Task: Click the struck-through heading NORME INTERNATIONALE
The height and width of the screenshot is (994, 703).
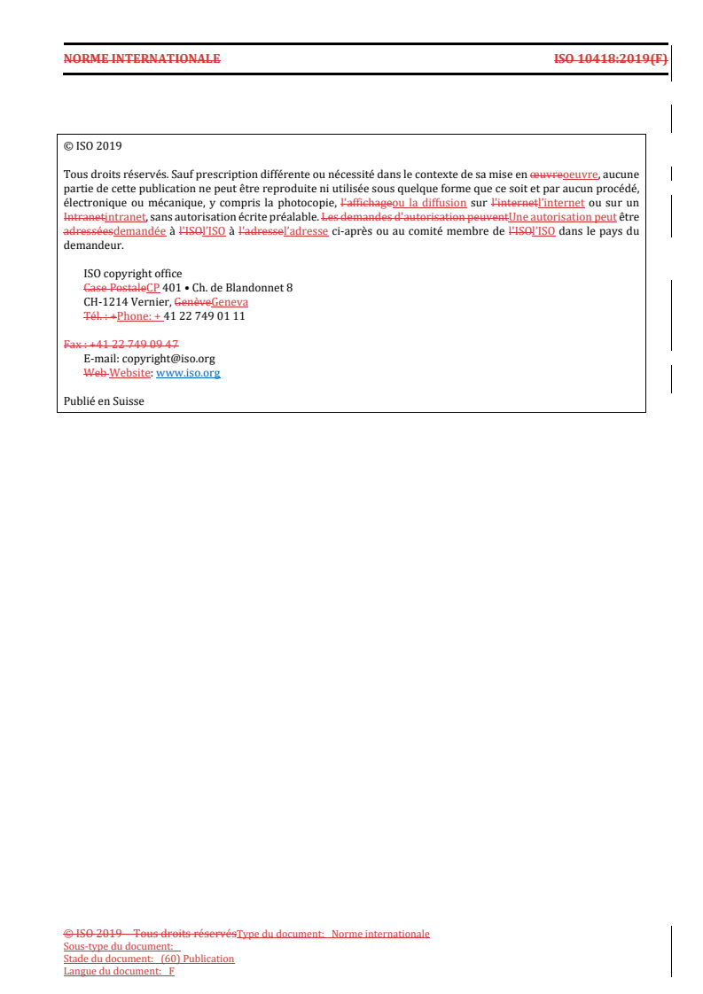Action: pos(142,59)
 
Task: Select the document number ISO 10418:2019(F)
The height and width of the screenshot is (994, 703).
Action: pos(610,59)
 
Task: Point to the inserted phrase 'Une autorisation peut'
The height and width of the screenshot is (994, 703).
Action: pos(563,217)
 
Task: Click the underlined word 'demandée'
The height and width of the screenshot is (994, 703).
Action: pos(140,231)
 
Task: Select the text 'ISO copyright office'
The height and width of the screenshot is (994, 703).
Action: pos(132,274)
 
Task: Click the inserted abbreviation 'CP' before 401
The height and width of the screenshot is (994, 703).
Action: pos(153,288)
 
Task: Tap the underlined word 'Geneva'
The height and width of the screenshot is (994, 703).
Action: pos(230,302)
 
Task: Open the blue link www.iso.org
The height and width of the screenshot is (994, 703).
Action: pos(188,373)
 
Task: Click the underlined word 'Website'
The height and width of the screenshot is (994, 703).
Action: pos(129,373)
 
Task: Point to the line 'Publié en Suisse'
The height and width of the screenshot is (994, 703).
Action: pos(104,401)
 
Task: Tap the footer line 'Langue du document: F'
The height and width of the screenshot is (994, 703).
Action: pos(119,971)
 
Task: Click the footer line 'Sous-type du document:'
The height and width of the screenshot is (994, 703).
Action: pos(118,946)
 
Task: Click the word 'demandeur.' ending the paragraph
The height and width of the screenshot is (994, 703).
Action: pos(93,245)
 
